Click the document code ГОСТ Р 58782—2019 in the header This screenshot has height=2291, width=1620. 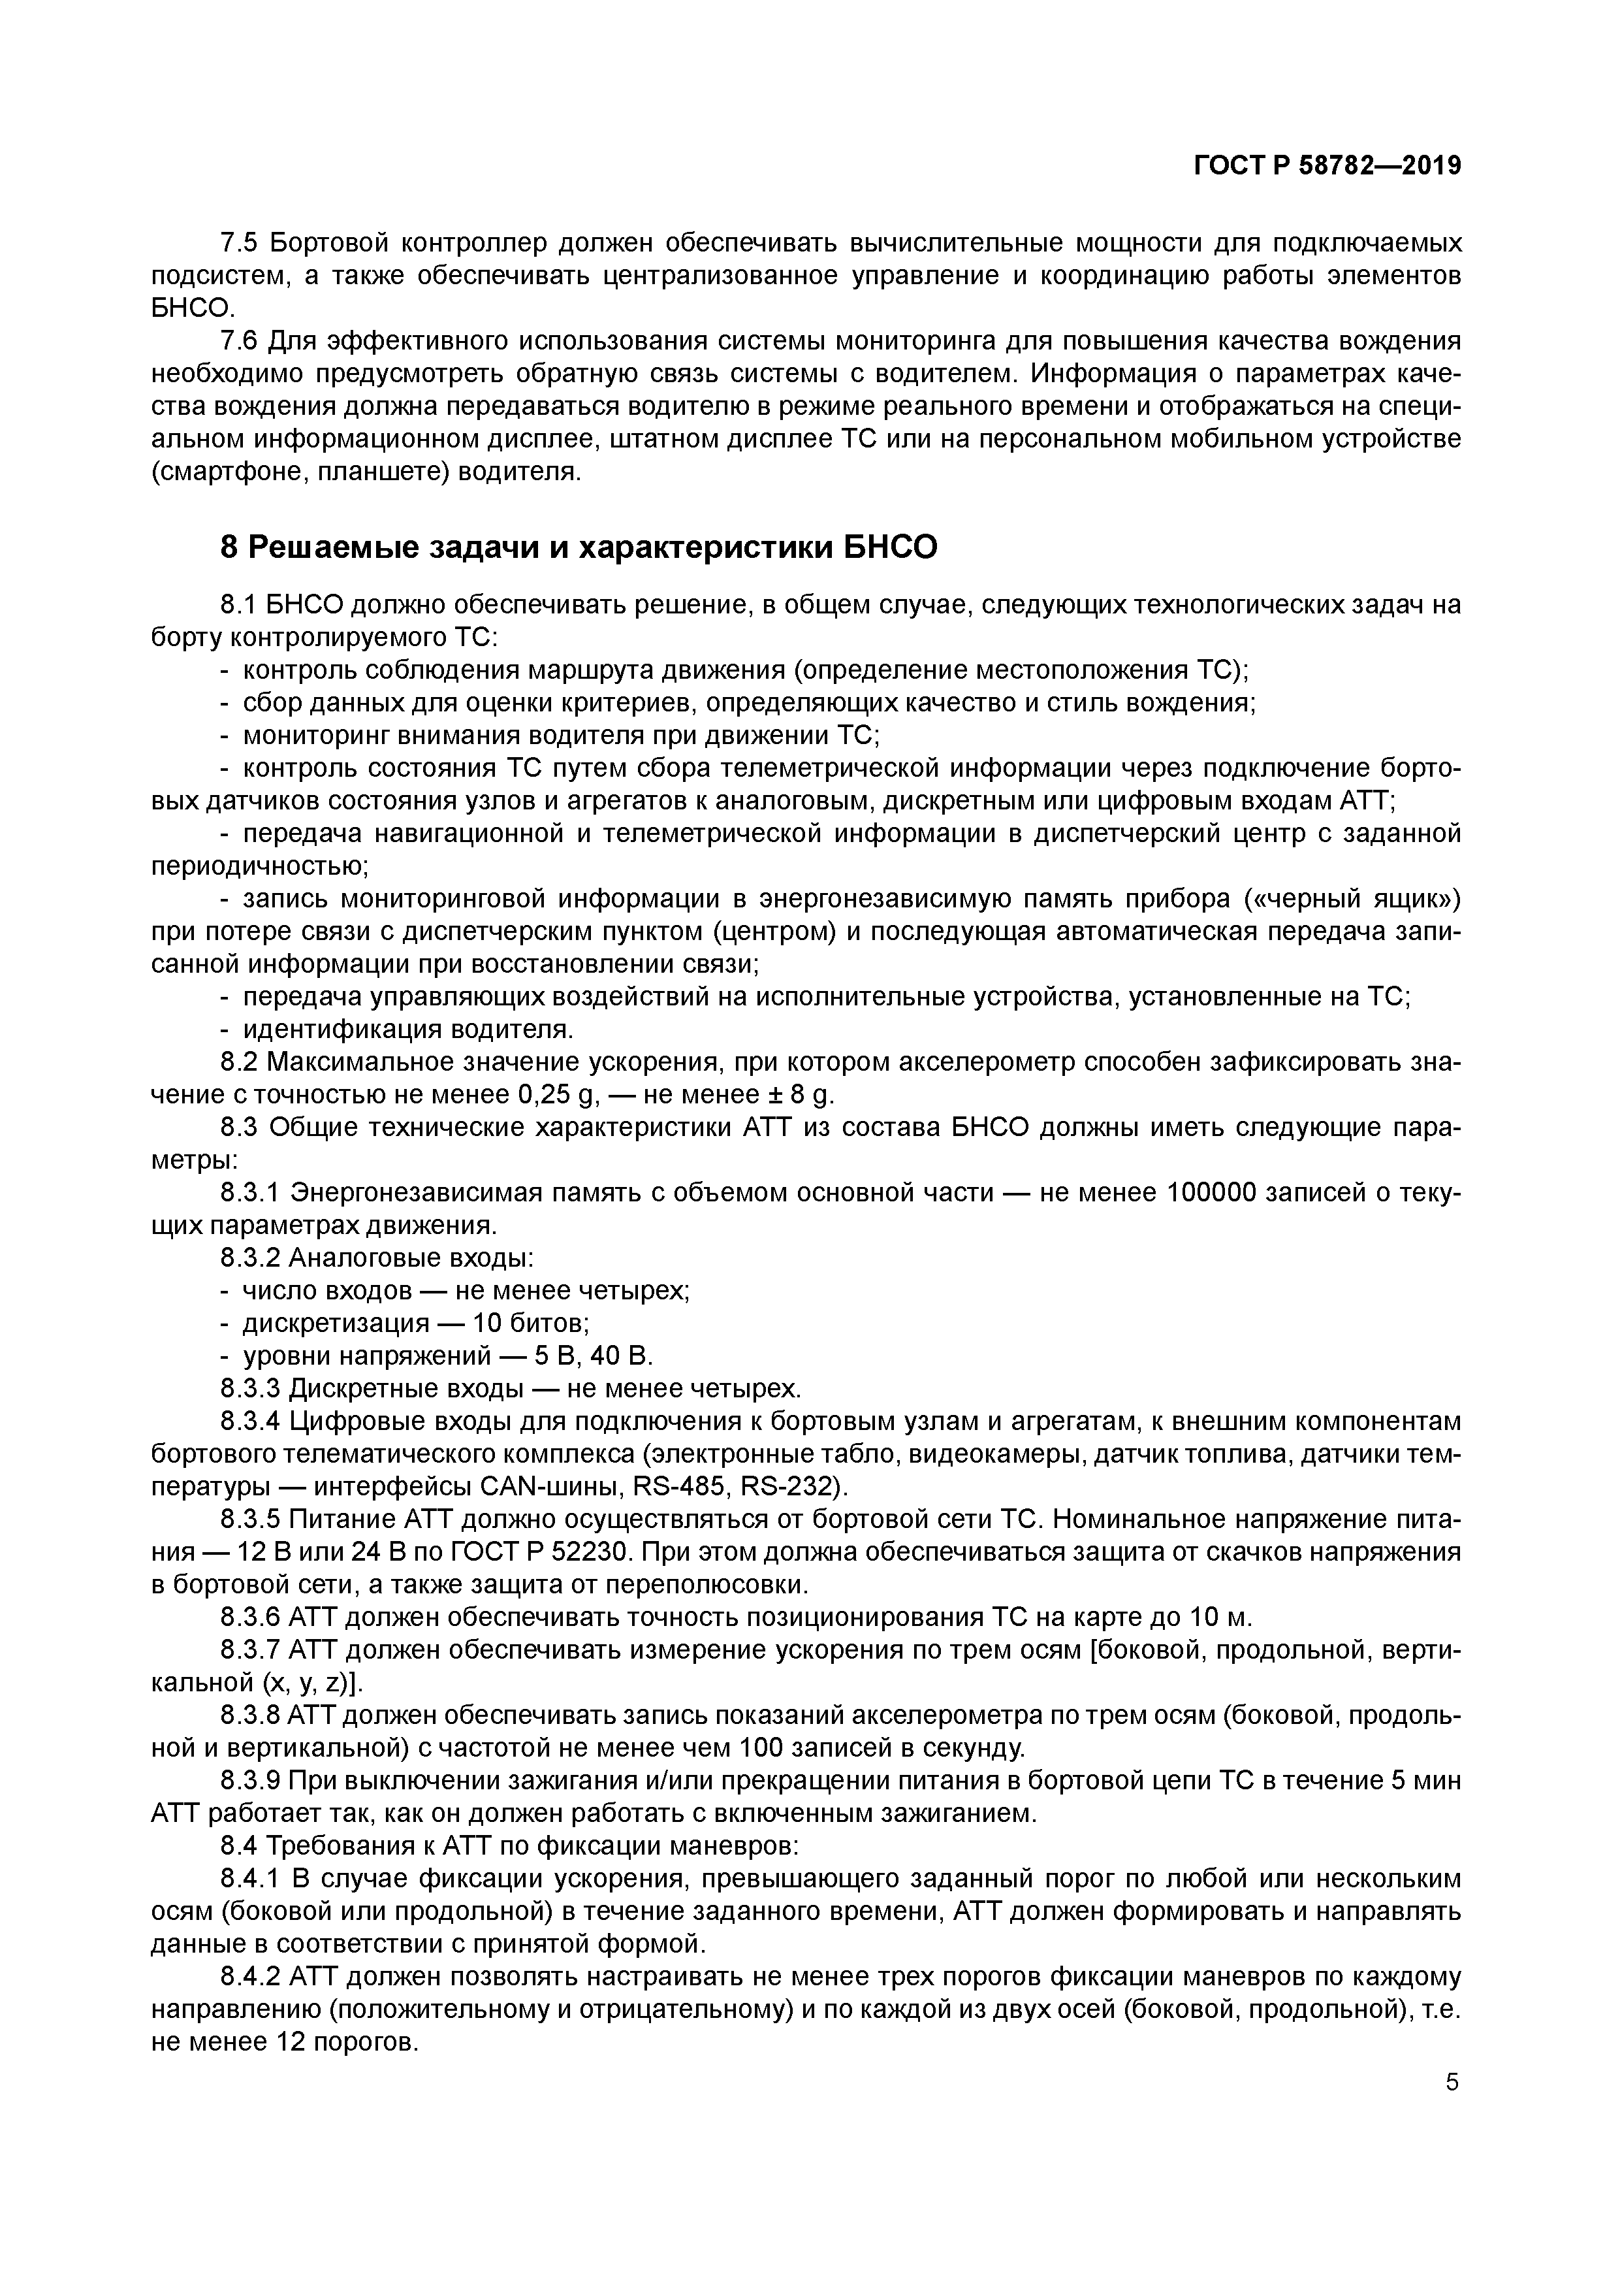click(x=1327, y=167)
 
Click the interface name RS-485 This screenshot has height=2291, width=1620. click(x=680, y=1487)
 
